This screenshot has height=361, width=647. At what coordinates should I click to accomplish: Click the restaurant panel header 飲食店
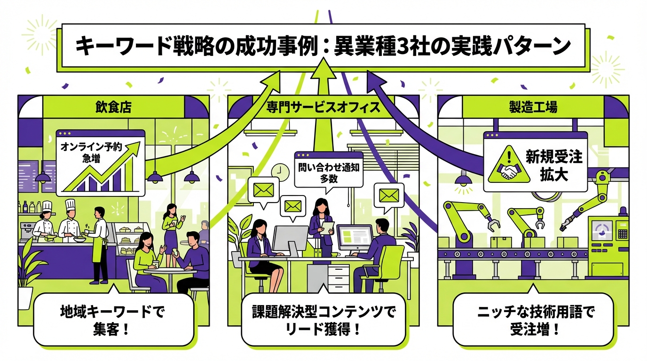click(x=113, y=107)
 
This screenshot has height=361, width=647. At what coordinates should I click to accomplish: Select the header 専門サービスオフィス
click(x=323, y=107)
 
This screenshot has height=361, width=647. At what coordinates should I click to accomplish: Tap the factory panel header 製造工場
click(x=533, y=107)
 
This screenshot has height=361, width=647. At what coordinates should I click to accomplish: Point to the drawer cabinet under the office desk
click(x=338, y=278)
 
